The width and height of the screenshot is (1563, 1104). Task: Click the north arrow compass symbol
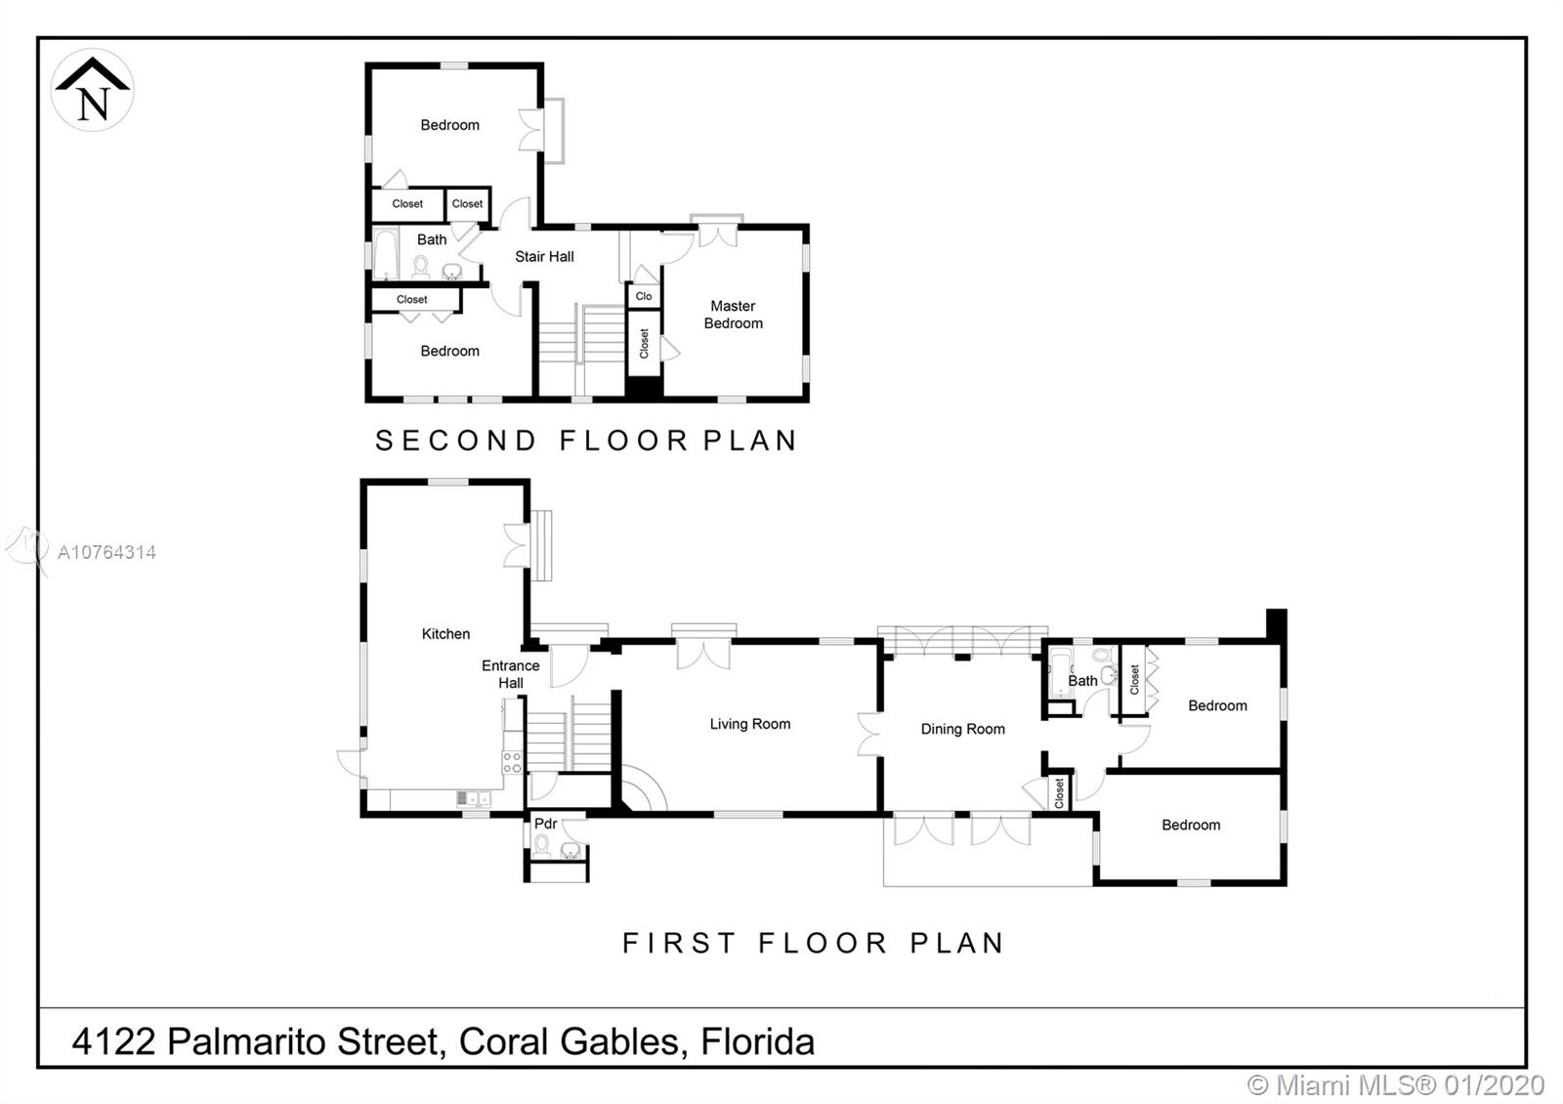click(x=92, y=90)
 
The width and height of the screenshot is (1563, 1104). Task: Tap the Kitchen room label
click(x=445, y=634)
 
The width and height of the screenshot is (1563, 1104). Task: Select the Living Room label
click(x=750, y=724)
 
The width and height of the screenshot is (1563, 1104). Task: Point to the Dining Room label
click(x=963, y=729)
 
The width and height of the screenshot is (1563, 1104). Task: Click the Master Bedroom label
click(x=734, y=315)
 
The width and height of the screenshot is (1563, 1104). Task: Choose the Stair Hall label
click(x=544, y=257)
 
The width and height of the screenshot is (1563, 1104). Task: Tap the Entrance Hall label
click(x=511, y=674)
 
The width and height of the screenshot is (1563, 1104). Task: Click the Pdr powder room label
click(x=546, y=824)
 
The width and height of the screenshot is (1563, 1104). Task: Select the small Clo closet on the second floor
click(x=644, y=296)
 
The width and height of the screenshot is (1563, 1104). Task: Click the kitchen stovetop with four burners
click(x=512, y=762)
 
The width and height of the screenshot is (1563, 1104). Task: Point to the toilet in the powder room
click(x=541, y=846)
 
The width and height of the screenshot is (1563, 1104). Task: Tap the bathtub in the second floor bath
click(x=385, y=254)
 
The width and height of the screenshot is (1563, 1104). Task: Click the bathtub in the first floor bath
click(x=1061, y=672)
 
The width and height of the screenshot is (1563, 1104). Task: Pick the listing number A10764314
click(x=106, y=553)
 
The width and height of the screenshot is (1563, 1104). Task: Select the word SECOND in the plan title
click(x=456, y=441)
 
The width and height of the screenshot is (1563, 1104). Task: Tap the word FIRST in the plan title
click(x=679, y=943)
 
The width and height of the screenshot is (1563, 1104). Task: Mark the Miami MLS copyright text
click(x=1396, y=1085)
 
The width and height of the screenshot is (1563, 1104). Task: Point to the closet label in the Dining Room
click(x=1059, y=793)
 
